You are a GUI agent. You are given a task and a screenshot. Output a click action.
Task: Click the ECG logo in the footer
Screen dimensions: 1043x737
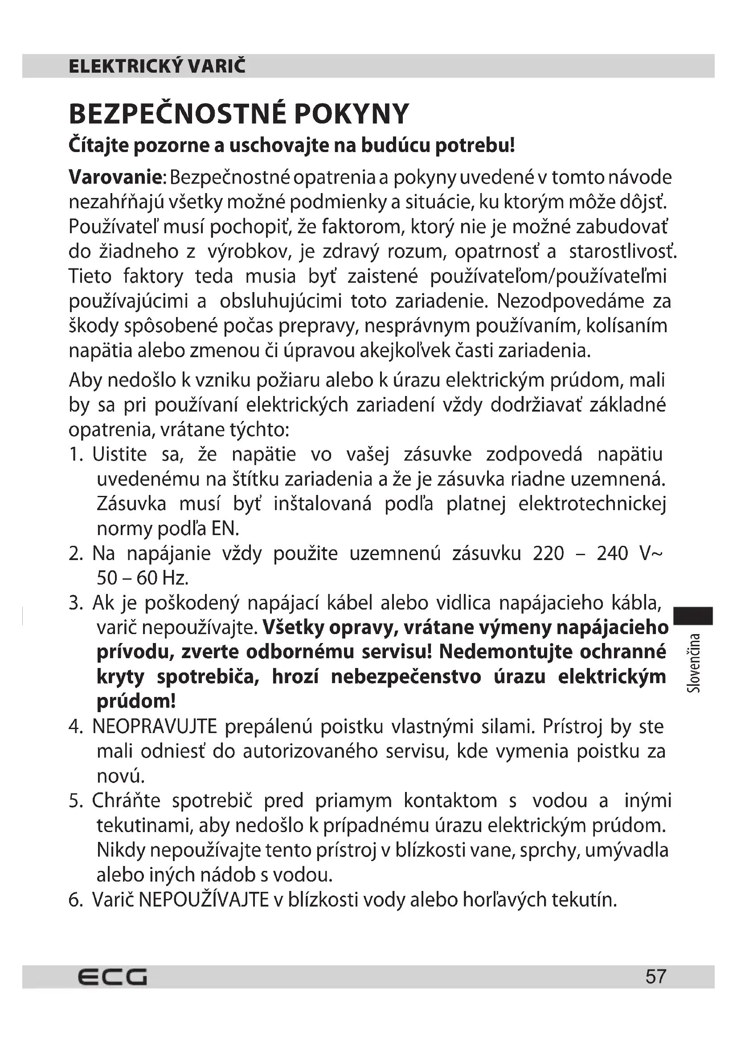coord(112,977)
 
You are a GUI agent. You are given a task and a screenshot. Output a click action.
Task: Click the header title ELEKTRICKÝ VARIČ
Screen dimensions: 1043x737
coord(157,66)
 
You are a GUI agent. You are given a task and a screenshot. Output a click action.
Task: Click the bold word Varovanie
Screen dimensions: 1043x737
coord(115,177)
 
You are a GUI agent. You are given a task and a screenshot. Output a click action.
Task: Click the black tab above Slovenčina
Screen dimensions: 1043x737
coord(693,616)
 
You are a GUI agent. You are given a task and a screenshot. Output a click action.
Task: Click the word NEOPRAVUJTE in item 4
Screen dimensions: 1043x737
coord(155,727)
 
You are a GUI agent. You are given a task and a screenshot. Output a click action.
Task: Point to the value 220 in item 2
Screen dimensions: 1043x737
coord(548,554)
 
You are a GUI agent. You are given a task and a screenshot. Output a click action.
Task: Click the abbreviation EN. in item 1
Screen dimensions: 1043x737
coord(225,529)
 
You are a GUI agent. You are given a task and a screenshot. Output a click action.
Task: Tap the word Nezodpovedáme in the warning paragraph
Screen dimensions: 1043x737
coord(570,301)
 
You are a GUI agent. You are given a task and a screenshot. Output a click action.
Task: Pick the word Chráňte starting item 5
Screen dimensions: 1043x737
coord(126,801)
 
